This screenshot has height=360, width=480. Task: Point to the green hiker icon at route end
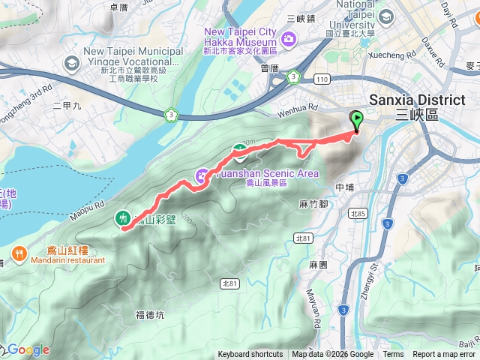[x=121, y=218]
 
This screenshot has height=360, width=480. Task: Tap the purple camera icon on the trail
[x=202, y=176]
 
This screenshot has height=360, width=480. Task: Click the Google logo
[x=28, y=349]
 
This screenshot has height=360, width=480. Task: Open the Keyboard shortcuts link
[x=250, y=355]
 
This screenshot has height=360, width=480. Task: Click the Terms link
[x=393, y=355]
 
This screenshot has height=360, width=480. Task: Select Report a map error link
[x=444, y=355]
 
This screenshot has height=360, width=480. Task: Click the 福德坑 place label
[x=150, y=315]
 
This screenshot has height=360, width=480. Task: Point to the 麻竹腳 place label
[x=313, y=203]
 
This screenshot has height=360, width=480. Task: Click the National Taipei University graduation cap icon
[x=385, y=17]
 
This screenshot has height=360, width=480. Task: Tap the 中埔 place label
[x=345, y=187]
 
